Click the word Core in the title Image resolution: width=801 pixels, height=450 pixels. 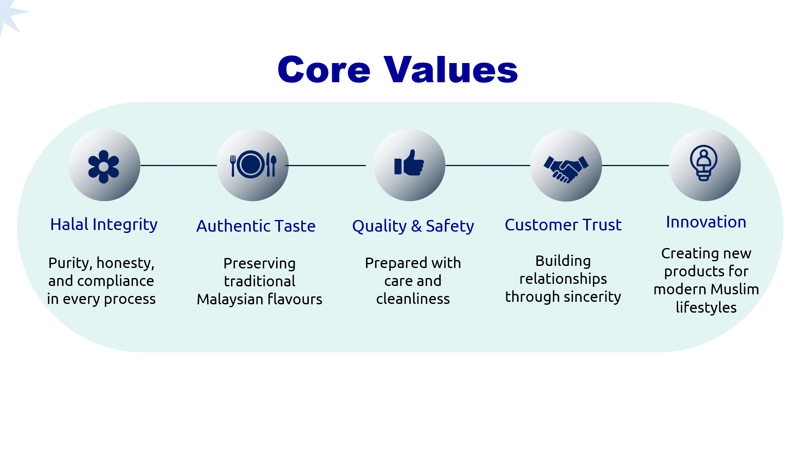[x=324, y=70]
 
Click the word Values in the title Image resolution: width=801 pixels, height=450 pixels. [x=451, y=69]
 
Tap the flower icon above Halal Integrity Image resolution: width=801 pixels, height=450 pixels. [x=104, y=167]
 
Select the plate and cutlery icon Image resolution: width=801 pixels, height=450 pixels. [x=253, y=164]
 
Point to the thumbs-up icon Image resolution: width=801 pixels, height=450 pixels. [x=409, y=163]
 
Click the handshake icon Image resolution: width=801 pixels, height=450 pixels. [x=566, y=169]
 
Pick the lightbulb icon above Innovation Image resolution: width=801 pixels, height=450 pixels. [x=704, y=163]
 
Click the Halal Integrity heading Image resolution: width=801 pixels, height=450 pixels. [x=104, y=225]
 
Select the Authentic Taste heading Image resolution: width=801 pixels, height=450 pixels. [x=256, y=226]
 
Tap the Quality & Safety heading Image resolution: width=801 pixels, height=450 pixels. [x=413, y=226]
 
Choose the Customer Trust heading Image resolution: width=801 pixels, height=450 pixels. [x=563, y=225]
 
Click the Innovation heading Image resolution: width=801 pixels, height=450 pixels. [x=706, y=222]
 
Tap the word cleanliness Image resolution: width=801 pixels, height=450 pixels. [x=413, y=298]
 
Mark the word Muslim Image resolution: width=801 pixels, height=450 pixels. [x=735, y=289]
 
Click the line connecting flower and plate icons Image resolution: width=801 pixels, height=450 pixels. [x=178, y=165]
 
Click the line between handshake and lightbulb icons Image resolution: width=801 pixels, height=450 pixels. [x=635, y=165]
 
